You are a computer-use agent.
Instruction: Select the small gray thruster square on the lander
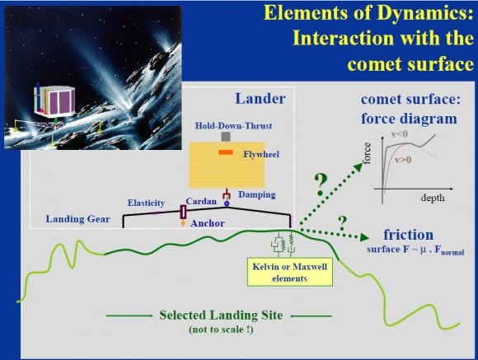[223, 138]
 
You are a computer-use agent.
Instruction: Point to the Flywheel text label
[260, 154]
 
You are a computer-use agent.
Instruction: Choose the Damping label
[258, 194]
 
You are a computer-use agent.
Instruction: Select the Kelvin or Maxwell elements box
[288, 273]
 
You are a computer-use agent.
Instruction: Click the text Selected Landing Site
[220, 315]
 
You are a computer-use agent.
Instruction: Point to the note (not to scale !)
[220, 330]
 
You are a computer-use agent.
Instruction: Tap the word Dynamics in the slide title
[427, 13]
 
